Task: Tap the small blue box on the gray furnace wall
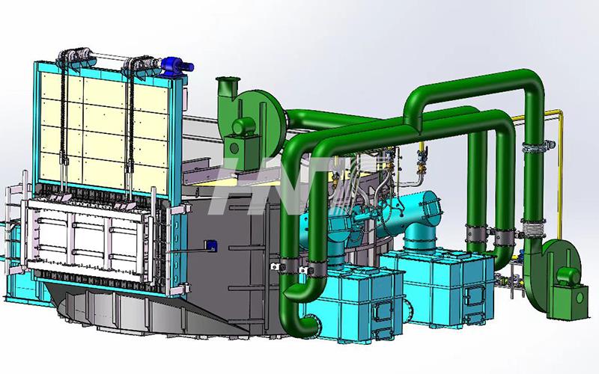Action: tap(210, 245)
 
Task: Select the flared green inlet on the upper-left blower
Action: tap(228, 86)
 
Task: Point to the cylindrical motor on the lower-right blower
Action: tap(568, 276)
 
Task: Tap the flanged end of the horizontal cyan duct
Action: tap(431, 209)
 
